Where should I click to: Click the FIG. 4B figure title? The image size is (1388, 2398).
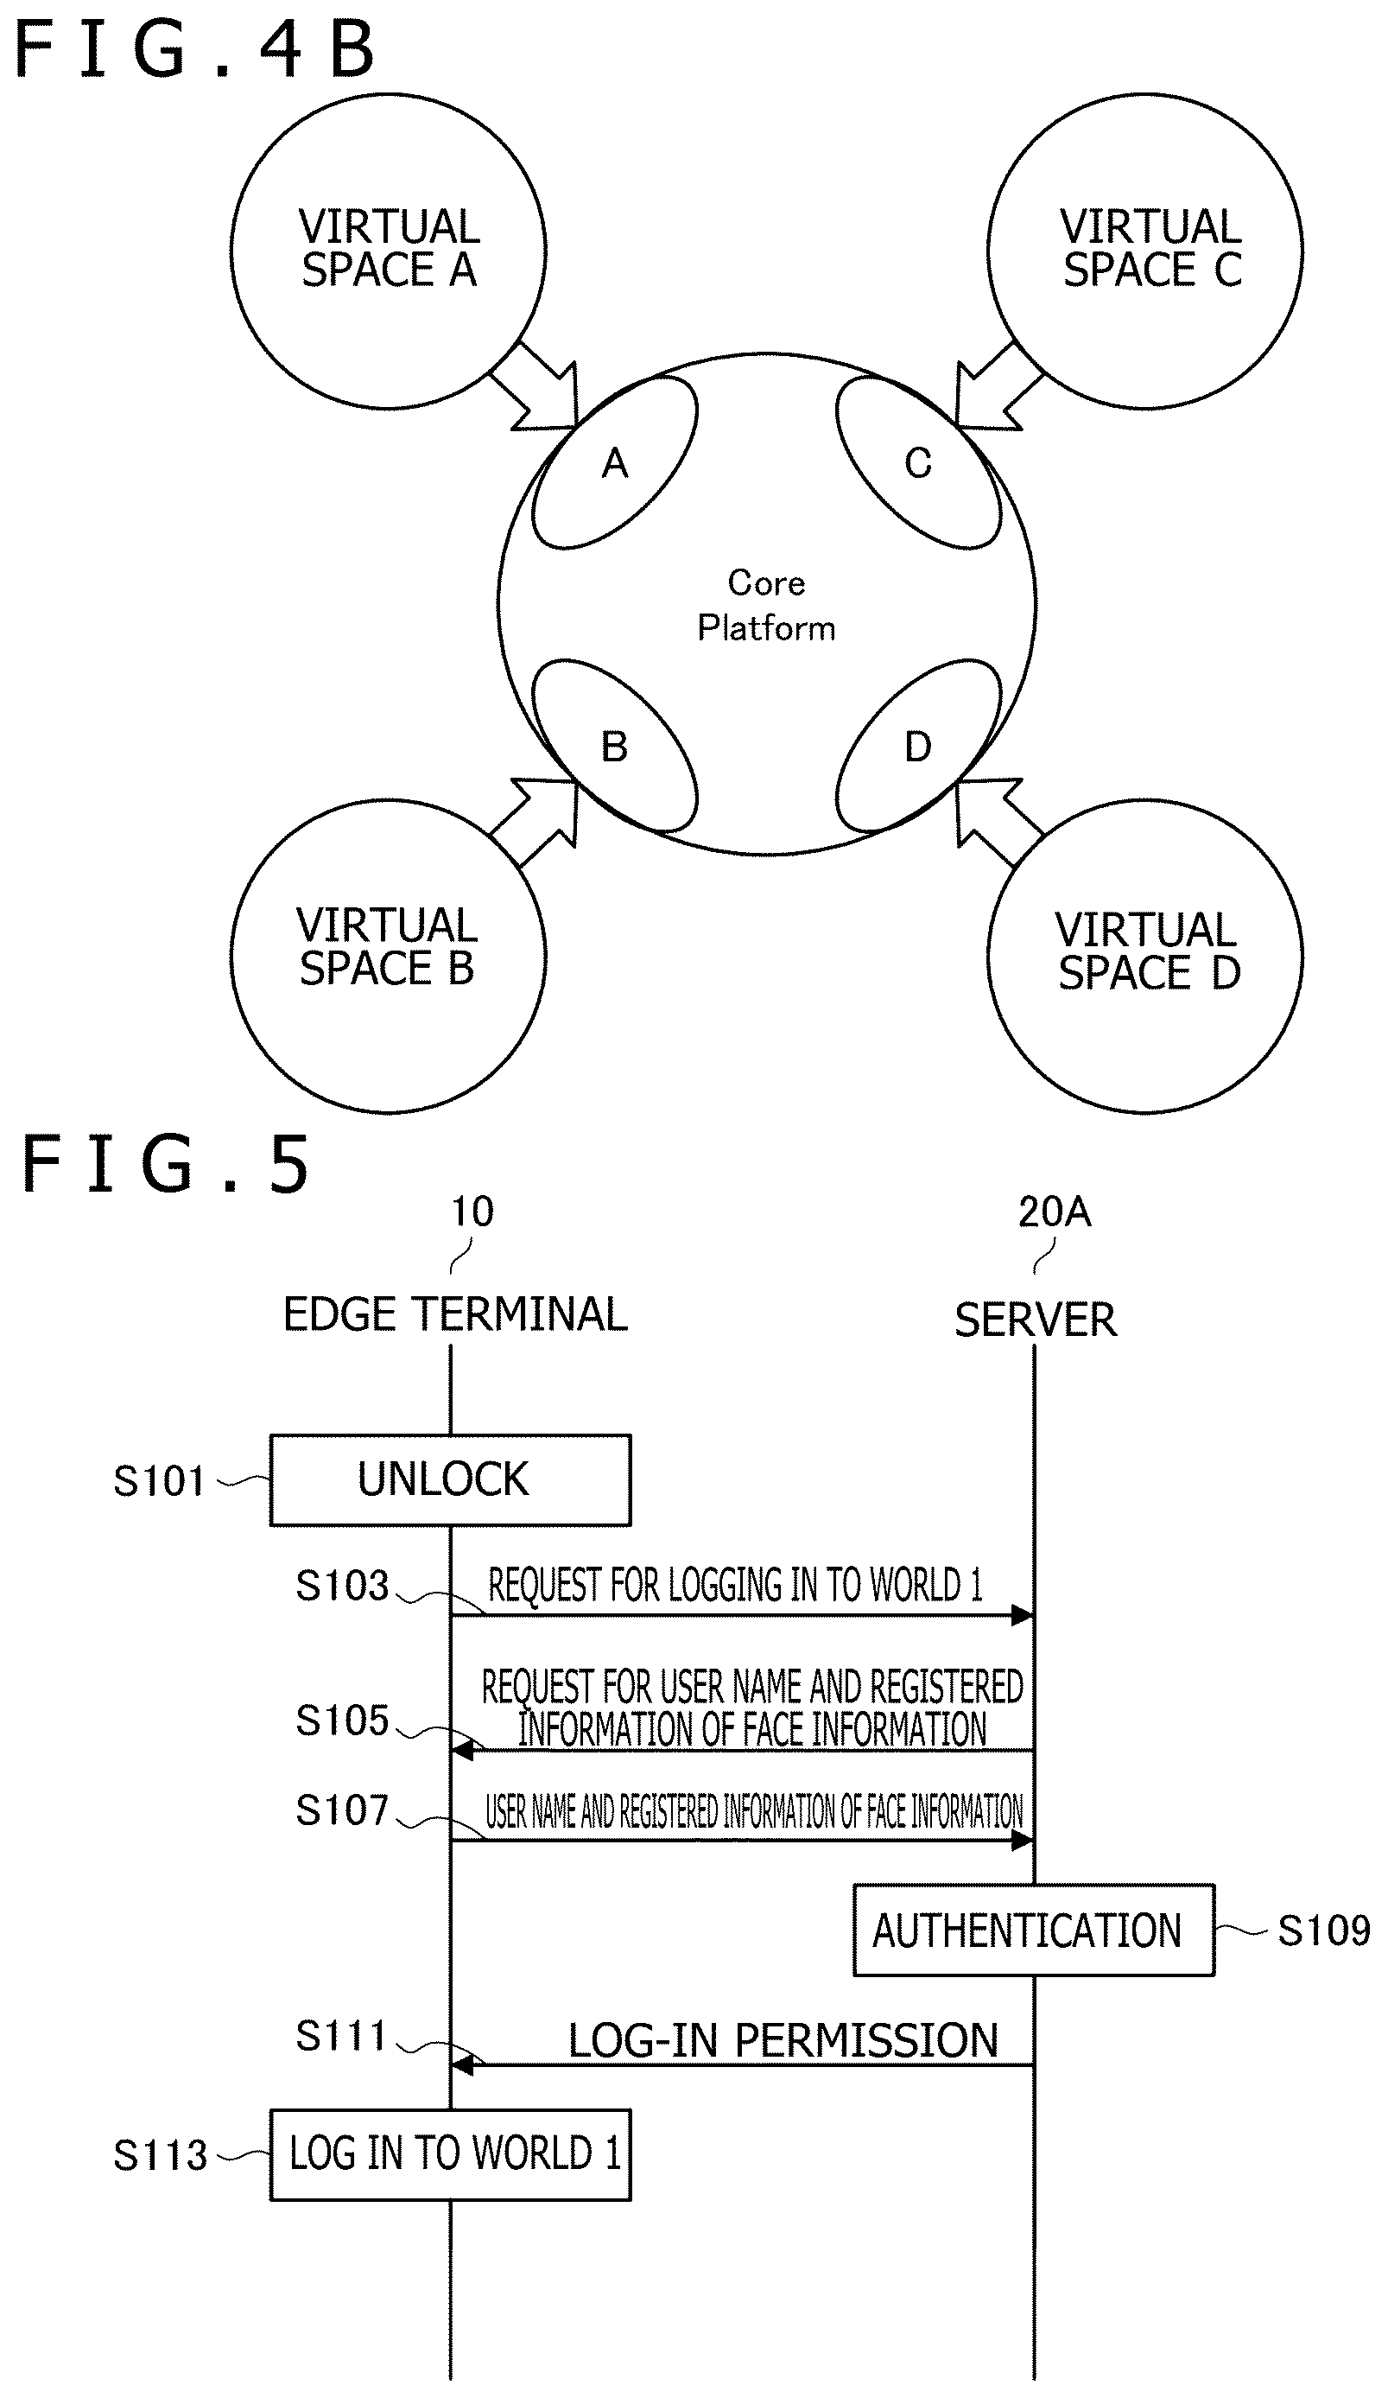click(x=195, y=50)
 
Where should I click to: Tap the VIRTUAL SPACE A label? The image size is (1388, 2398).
click(x=389, y=248)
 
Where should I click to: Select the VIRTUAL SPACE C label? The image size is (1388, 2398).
click(x=1151, y=248)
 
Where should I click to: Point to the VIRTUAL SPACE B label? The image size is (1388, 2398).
click(x=387, y=947)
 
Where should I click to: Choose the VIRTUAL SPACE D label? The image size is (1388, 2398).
click(x=1148, y=951)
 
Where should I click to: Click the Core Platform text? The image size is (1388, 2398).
click(x=766, y=605)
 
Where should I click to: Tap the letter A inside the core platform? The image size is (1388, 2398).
click(x=615, y=464)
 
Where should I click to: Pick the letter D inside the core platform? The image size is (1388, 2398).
click(x=917, y=747)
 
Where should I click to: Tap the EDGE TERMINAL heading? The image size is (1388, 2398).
click(x=456, y=1314)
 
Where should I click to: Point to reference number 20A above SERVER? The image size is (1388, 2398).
click(x=1054, y=1212)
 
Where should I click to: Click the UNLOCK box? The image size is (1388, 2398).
click(x=450, y=1479)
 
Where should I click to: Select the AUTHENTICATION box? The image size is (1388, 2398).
click(x=1033, y=1930)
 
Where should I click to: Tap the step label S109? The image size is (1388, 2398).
click(x=1323, y=1930)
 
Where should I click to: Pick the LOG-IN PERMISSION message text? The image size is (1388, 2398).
click(x=783, y=2041)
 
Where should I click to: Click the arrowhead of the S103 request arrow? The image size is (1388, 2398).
click(x=1023, y=1615)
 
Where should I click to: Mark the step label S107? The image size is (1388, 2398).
click(x=343, y=1810)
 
